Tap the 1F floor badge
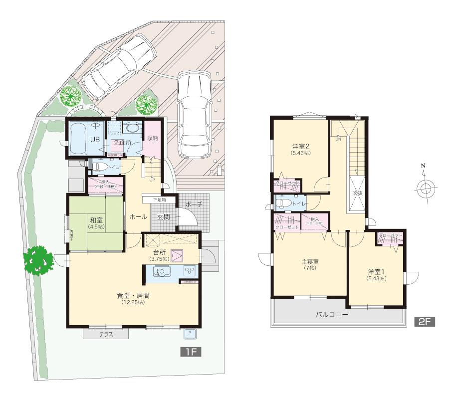(x=190, y=352)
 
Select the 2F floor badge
(x=425, y=322)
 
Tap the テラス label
(x=106, y=335)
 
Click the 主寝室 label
(x=310, y=261)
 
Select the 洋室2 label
(x=301, y=147)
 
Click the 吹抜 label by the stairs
(x=357, y=193)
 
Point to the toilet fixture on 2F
(x=284, y=203)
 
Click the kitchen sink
(x=161, y=272)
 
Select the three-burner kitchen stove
(x=190, y=272)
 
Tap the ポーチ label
(x=193, y=205)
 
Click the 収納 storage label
(x=152, y=138)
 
